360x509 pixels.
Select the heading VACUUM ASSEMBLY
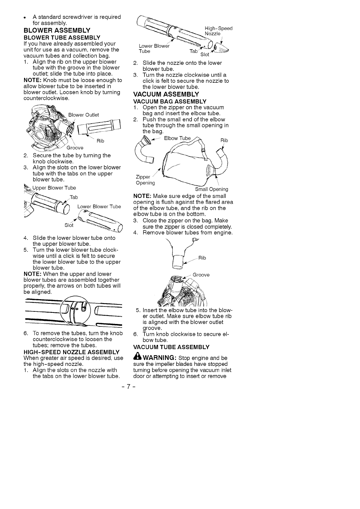pos(166,94)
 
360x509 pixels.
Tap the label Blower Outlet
pos(83,115)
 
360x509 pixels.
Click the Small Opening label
pos(211,189)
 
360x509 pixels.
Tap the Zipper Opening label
pos(145,180)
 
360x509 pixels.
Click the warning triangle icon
pos(137,357)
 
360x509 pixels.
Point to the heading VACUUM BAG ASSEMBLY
pos(170,102)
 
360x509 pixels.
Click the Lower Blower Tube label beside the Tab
pos(99,207)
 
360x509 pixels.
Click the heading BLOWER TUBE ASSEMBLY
pos(62,37)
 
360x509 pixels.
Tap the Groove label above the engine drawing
pos(201,275)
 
